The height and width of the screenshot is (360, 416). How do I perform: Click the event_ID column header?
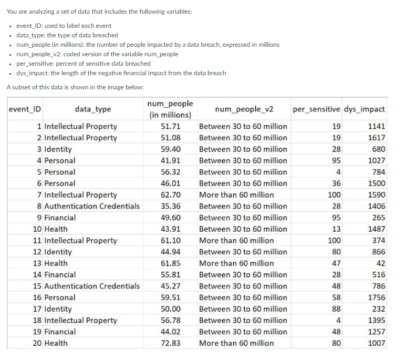pos(26,109)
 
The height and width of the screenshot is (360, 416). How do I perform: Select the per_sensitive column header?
pos(316,109)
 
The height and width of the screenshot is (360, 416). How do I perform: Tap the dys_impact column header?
pos(365,109)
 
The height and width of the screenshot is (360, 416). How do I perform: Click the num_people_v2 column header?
pos(244,109)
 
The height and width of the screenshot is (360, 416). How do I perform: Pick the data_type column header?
pos(93,109)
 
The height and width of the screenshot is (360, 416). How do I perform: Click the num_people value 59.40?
pos(171,149)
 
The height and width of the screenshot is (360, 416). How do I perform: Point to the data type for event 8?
pos(92,206)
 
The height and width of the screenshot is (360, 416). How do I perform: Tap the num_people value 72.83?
pos(171,343)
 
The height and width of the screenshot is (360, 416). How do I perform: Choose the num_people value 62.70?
pos(171,195)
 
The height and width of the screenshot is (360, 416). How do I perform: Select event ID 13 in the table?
pos(37,263)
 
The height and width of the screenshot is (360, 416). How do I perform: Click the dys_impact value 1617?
pos(377,138)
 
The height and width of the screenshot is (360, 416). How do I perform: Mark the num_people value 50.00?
pos(171,309)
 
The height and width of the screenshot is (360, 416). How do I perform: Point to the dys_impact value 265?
pos(378,218)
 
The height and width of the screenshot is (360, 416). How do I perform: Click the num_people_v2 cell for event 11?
pos(236,241)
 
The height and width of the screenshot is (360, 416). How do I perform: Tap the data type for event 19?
pos(60,332)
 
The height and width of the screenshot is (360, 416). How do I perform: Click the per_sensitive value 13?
pos(336,229)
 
